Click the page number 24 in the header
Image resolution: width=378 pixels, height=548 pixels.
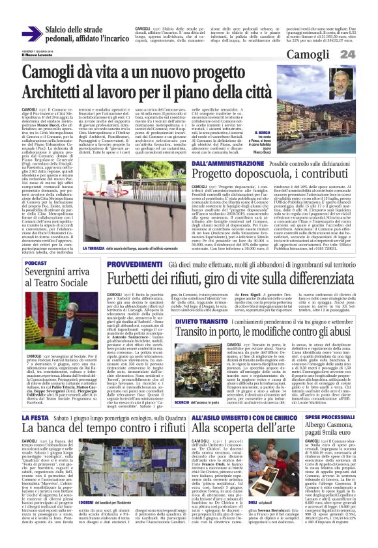[x=365, y=53]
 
